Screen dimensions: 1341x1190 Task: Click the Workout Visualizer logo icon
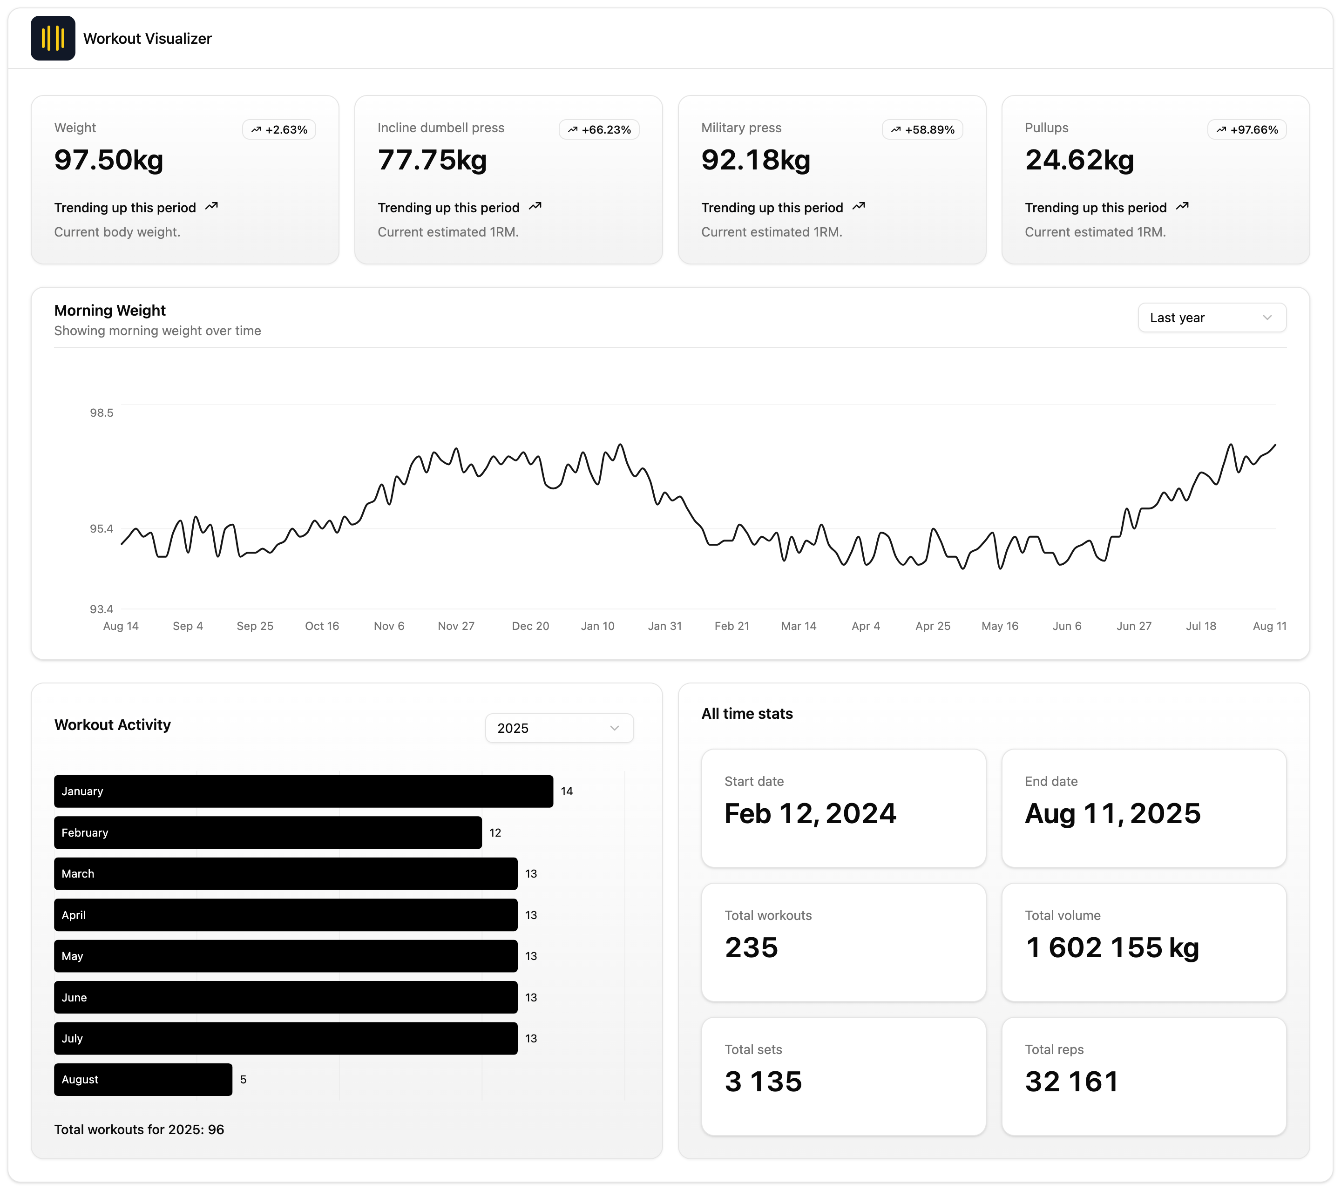53,38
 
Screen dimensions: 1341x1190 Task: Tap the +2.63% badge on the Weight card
279,129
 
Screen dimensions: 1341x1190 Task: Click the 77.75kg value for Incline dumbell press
433,160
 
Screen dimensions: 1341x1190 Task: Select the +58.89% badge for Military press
922,129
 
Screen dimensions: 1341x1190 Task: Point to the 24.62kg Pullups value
1079,160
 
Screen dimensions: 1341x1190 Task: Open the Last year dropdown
1212,318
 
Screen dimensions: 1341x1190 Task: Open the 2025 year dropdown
559,728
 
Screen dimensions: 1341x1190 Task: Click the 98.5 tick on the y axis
102,412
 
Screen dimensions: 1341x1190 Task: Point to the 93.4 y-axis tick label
102,609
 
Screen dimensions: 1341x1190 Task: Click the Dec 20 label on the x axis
530,626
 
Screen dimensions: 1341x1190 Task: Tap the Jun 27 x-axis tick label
1134,626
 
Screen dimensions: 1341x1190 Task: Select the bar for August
143,1079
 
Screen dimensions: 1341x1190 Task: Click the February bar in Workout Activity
268,832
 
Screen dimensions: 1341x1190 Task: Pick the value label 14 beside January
567,791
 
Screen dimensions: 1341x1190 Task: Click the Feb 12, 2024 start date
810,813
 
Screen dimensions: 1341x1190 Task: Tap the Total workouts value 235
751,947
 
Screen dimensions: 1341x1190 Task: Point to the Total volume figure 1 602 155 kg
1112,947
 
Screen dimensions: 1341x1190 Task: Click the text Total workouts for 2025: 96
139,1129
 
